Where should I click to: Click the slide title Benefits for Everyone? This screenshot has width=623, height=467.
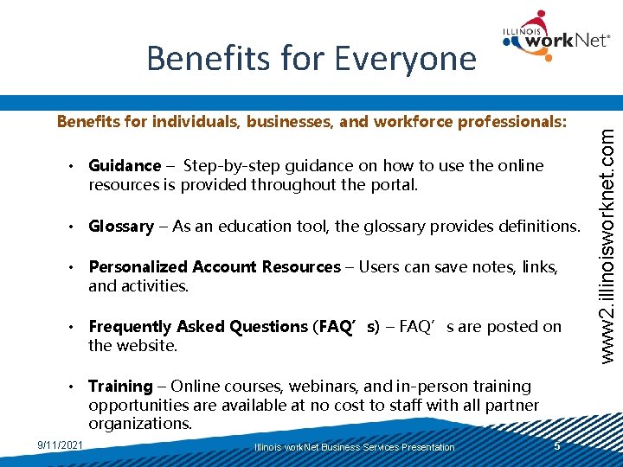311,58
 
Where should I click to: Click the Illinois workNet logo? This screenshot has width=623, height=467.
554,36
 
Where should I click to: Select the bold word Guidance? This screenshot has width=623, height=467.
125,165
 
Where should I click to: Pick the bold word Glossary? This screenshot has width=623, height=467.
121,227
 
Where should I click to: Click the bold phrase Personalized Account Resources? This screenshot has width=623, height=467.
215,267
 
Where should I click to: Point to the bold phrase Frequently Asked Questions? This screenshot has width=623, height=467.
197,327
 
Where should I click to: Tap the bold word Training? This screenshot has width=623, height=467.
120,387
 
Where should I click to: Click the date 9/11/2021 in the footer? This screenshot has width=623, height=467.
61,445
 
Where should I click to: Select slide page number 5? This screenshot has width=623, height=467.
557,445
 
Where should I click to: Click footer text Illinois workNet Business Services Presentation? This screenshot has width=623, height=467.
355,447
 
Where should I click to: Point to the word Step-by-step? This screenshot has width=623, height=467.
226,165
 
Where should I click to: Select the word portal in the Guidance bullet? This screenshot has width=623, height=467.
394,185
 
